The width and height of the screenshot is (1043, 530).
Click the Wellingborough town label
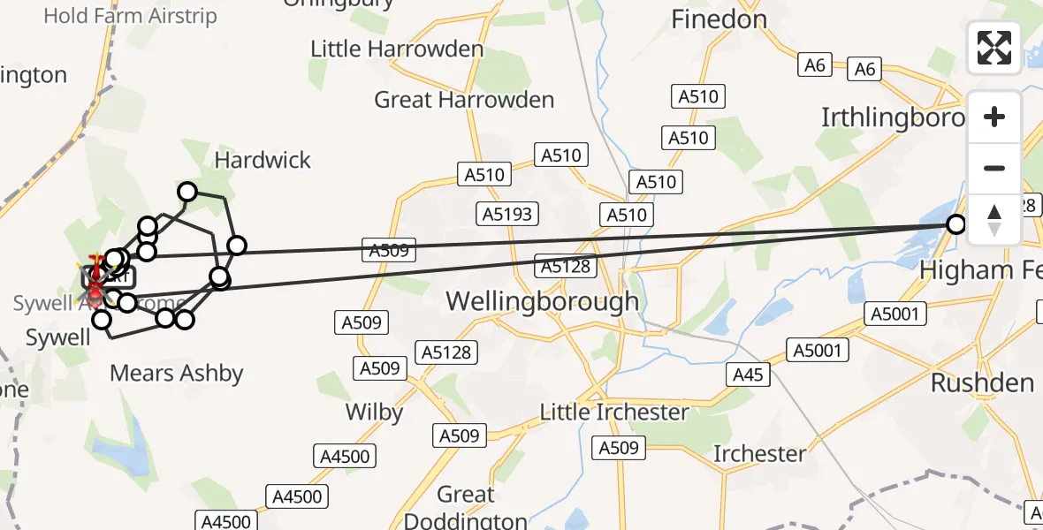coord(542,301)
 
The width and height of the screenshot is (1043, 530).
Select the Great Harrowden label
coord(464,100)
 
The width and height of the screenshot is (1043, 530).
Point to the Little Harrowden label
coord(397,49)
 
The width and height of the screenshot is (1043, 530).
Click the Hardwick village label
coord(263,160)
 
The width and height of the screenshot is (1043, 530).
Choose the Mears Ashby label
coord(176,374)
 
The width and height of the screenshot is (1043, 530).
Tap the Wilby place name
coord(374,412)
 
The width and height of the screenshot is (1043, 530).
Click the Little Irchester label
coord(614,413)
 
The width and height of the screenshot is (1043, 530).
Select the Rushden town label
coord(982,383)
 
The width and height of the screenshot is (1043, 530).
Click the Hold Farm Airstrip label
coord(130,16)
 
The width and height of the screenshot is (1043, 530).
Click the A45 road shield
coord(748,375)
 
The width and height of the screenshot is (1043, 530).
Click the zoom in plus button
coord(994,117)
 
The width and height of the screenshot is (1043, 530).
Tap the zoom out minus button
coord(994,168)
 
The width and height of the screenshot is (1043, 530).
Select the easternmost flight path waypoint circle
coord(955,224)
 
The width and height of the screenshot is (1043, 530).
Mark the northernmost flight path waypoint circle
coord(187,192)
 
